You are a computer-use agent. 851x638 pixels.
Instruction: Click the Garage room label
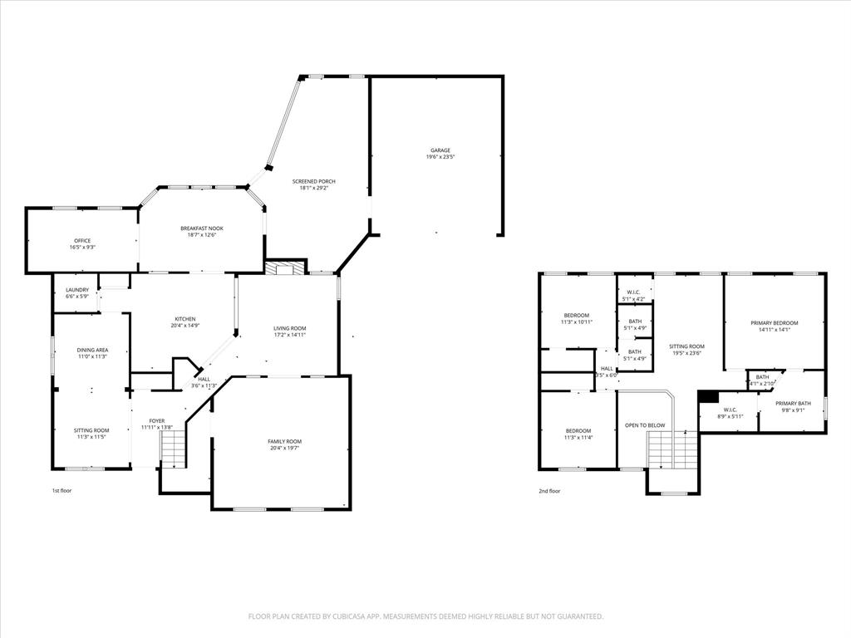[x=440, y=150]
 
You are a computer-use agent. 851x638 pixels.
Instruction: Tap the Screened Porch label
[x=314, y=181]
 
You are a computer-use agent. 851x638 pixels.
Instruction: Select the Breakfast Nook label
[x=202, y=228]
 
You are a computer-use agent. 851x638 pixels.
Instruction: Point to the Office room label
[x=81, y=241]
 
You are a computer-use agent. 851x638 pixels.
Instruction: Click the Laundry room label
[x=76, y=290]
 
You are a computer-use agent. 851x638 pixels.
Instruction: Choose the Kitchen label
[x=184, y=319]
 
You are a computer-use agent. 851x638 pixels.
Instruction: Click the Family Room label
[x=284, y=441]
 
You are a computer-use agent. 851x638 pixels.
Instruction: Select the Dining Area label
[x=93, y=351]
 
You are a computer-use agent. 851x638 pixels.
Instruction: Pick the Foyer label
[x=156, y=421]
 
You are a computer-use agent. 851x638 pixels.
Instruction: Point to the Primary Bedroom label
[x=774, y=323]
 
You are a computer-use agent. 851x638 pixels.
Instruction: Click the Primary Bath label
[x=793, y=404]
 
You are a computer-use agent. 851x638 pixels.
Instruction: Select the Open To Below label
[x=645, y=425]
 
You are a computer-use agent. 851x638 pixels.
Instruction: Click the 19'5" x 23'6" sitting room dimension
[x=686, y=352]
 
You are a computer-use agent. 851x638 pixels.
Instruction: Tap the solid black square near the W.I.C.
[x=708, y=396]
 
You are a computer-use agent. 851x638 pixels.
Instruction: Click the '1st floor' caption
[x=62, y=491]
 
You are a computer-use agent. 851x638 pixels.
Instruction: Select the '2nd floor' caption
[x=549, y=491]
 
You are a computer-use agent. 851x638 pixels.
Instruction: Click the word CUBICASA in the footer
[x=336, y=616]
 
